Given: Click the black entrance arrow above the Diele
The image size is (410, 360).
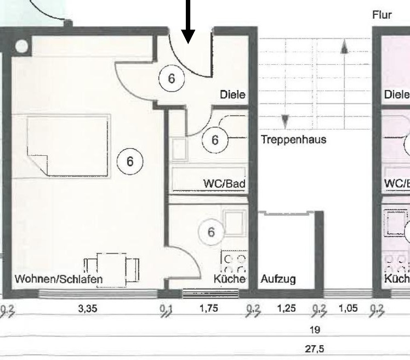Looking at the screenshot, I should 188,22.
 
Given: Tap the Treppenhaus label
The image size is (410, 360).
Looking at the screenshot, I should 293,139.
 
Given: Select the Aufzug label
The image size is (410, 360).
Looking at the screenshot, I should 278,279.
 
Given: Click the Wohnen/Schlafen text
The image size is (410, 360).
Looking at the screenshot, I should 59,279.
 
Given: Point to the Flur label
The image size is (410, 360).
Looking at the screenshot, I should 381,15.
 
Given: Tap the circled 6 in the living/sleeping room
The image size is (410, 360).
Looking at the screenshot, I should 130,161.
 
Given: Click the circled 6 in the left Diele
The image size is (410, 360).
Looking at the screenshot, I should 171,79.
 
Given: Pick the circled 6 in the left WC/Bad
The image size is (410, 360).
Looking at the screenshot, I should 215,140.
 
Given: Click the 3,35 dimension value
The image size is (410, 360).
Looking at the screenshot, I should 88,308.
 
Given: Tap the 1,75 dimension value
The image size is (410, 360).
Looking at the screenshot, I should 208,308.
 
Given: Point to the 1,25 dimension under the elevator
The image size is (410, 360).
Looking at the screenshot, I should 286,308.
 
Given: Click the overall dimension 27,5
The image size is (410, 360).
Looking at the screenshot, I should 315,349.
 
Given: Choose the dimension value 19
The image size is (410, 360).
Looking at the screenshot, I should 315,330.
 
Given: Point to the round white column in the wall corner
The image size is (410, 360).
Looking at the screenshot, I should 21,47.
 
